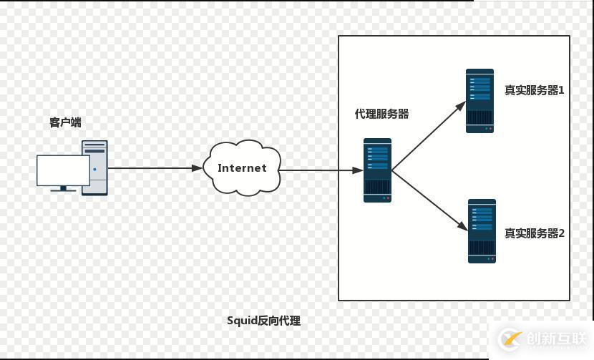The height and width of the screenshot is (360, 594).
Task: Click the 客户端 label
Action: [65, 122]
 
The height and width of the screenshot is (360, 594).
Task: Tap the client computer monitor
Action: [63, 170]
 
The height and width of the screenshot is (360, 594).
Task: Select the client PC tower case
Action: [94, 167]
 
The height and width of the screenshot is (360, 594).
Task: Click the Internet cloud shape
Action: [242, 168]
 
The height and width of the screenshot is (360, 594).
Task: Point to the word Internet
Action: [242, 168]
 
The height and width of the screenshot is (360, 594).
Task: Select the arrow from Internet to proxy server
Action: [318, 170]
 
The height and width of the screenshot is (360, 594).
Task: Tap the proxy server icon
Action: [377, 170]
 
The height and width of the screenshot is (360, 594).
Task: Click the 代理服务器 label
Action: [382, 114]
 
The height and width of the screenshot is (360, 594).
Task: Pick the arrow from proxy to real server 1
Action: [428, 136]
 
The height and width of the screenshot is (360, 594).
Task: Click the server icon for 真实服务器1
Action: [479, 101]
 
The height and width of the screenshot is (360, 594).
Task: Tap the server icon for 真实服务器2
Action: [482, 231]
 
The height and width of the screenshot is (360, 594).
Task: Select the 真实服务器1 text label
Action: [535, 90]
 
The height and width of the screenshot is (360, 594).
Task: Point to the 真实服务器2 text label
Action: [535, 233]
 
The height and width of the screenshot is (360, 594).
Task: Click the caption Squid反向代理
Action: [263, 321]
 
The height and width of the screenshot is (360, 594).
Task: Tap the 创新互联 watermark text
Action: [554, 339]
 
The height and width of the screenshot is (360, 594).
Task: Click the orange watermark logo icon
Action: [511, 339]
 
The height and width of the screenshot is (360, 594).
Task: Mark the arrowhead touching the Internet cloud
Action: [197, 168]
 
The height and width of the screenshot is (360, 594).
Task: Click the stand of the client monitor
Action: [63, 189]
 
